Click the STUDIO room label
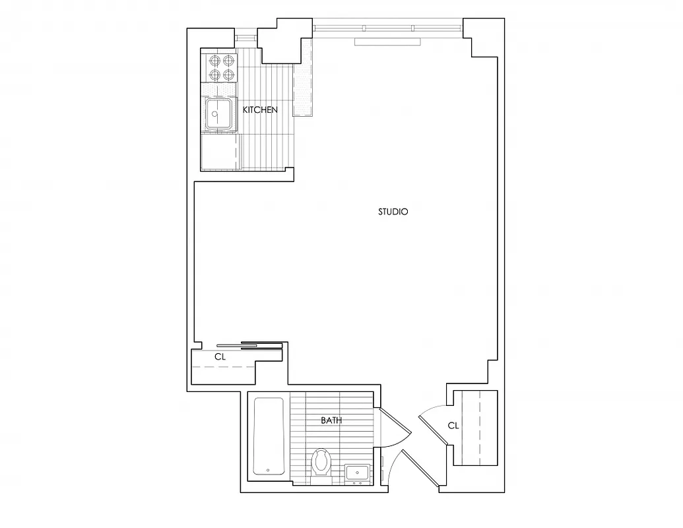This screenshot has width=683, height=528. (x=393, y=212)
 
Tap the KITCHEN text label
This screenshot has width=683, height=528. (x=260, y=110)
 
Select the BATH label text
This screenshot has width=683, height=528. (x=331, y=420)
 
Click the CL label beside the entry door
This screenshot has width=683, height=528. (x=453, y=426)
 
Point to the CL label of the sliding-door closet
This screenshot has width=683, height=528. (x=220, y=356)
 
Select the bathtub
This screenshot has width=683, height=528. (x=269, y=436)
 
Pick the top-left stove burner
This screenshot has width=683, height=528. (x=214, y=61)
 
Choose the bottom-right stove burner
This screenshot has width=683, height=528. (x=228, y=75)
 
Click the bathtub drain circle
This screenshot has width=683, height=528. (x=268, y=471)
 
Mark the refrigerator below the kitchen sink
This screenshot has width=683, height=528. (x=219, y=152)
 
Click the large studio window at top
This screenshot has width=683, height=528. (x=387, y=28)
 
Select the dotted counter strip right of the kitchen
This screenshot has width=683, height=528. (x=302, y=89)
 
